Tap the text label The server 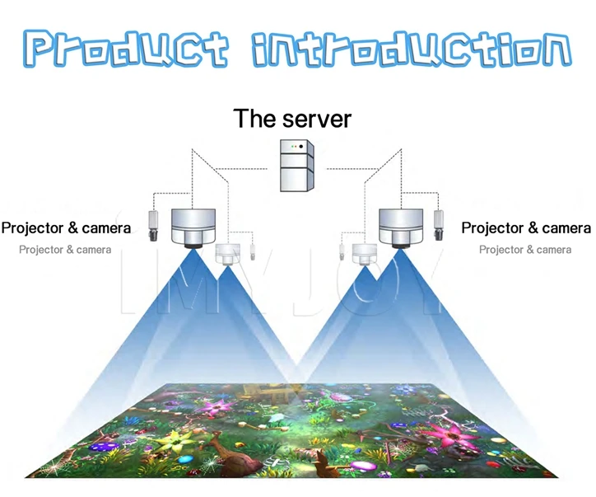pos(292,118)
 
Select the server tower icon pos(297,165)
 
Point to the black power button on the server pos(301,146)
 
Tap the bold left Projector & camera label pos(66,227)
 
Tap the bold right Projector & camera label pos(526,227)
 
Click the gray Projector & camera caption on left pos(65,250)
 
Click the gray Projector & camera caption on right pos(525,250)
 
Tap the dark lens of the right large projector pos(401,245)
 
